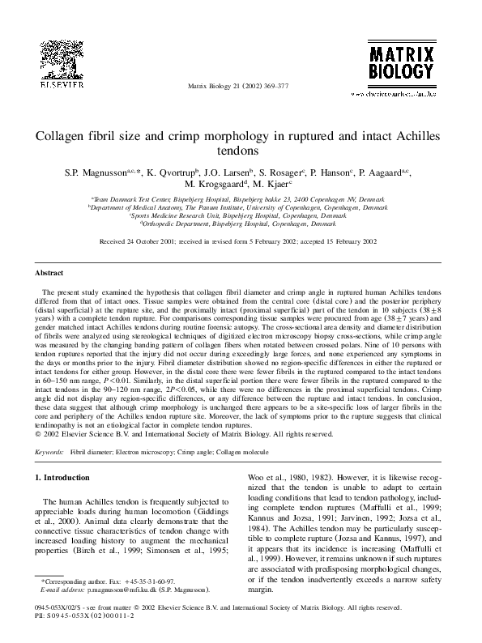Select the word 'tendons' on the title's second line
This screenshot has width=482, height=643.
(x=240, y=150)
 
